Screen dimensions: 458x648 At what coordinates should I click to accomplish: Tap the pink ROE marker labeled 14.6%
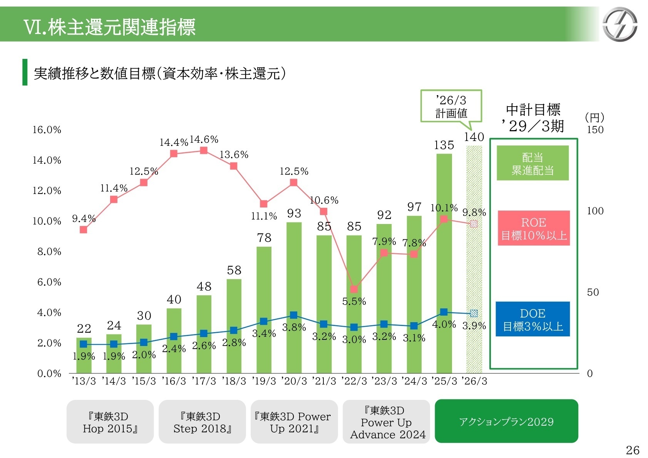pos(204,150)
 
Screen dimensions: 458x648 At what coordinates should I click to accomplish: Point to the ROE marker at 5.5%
pos(354,289)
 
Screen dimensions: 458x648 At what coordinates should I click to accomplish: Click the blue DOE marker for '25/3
pos(444,312)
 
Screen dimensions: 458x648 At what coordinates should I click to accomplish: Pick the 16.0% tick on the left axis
pos(47,130)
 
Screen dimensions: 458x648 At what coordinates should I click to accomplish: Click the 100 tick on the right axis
pos(595,211)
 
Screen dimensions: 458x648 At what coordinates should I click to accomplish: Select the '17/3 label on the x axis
pos(204,381)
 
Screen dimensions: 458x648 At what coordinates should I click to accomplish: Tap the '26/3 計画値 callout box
pos(451,107)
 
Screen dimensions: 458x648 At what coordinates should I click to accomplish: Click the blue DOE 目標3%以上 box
pos(532,319)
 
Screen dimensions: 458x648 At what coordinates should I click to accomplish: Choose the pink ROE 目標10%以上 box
pos(533,228)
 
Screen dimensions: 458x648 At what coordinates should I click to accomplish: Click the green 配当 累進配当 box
pos(532,163)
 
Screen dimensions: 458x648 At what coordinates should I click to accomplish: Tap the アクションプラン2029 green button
pos(506,421)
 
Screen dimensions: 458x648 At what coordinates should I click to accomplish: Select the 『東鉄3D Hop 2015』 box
pos(110,422)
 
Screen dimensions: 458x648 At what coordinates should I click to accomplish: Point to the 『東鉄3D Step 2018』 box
pos(202,422)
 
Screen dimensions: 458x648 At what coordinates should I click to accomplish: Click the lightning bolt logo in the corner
pos(620,24)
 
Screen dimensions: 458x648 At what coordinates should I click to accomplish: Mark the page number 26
pos(633,450)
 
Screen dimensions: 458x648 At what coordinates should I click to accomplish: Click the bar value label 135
pos(444,145)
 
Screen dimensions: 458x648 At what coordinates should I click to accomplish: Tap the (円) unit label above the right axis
pos(594,117)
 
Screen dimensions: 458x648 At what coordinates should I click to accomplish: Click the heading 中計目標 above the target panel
pos(533,110)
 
